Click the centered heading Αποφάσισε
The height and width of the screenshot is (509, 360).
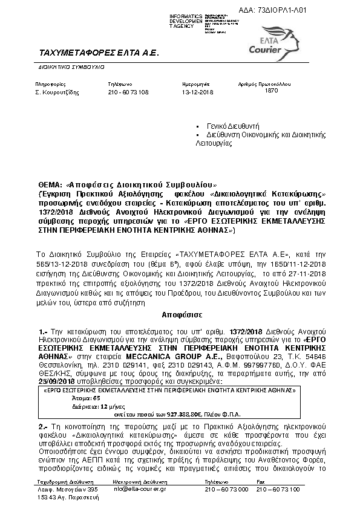(180, 315)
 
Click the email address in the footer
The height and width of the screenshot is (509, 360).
(138, 488)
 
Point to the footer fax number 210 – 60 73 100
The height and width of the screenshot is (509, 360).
(281, 488)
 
